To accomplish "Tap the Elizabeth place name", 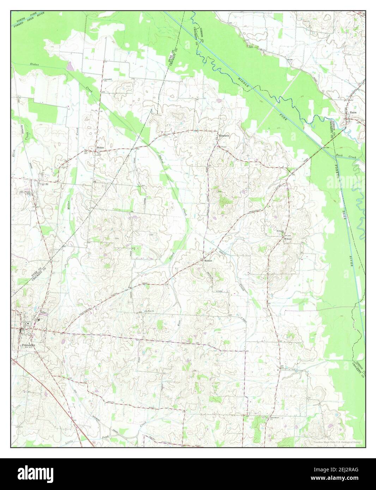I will click(224, 135).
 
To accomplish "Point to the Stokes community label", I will click(101, 148).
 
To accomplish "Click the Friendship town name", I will click(28, 345).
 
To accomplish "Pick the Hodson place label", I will click(208, 261).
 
